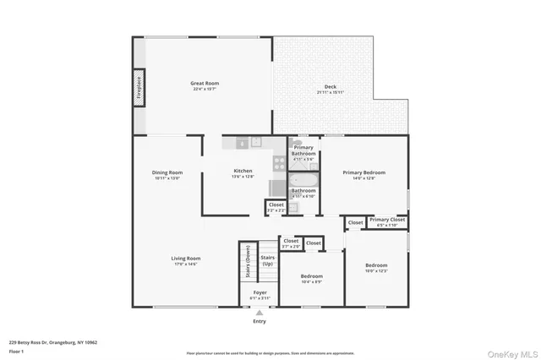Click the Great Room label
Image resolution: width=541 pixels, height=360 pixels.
click(x=205, y=83)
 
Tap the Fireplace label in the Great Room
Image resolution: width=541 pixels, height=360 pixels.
click(x=139, y=89)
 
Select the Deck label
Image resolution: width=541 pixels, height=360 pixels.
click(x=330, y=89)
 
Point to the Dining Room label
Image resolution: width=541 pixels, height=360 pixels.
click(x=167, y=172)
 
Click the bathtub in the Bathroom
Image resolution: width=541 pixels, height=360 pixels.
click(x=303, y=179)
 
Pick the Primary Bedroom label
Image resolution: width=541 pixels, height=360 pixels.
click(x=363, y=172)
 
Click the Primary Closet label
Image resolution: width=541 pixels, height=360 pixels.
click(x=387, y=220)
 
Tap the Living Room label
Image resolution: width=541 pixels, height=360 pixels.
click(x=186, y=259)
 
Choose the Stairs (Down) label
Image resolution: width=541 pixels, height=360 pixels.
click(x=248, y=266)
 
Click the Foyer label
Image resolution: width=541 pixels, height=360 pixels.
click(x=260, y=292)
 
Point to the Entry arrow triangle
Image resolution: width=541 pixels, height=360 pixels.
click(x=260, y=313)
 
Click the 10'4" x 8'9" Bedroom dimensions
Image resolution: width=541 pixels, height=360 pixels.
click(x=312, y=281)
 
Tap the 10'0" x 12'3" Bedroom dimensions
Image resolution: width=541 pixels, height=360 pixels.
click(x=376, y=270)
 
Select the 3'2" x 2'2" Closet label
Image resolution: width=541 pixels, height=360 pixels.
click(x=276, y=210)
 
